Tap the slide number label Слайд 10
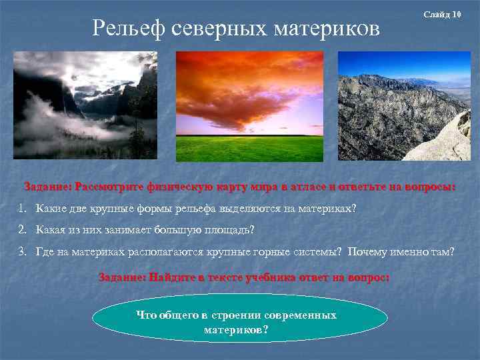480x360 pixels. tap(442, 15)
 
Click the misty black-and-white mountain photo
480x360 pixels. tap(85, 105)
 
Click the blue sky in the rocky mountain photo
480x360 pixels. tap(400, 63)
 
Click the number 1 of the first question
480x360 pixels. tap(22, 209)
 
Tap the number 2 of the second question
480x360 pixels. tap(22, 230)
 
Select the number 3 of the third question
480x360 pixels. tap(22, 251)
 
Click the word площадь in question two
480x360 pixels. tap(223, 230)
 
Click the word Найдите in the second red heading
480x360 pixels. tap(175, 277)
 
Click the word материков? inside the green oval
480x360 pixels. tap(237, 329)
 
